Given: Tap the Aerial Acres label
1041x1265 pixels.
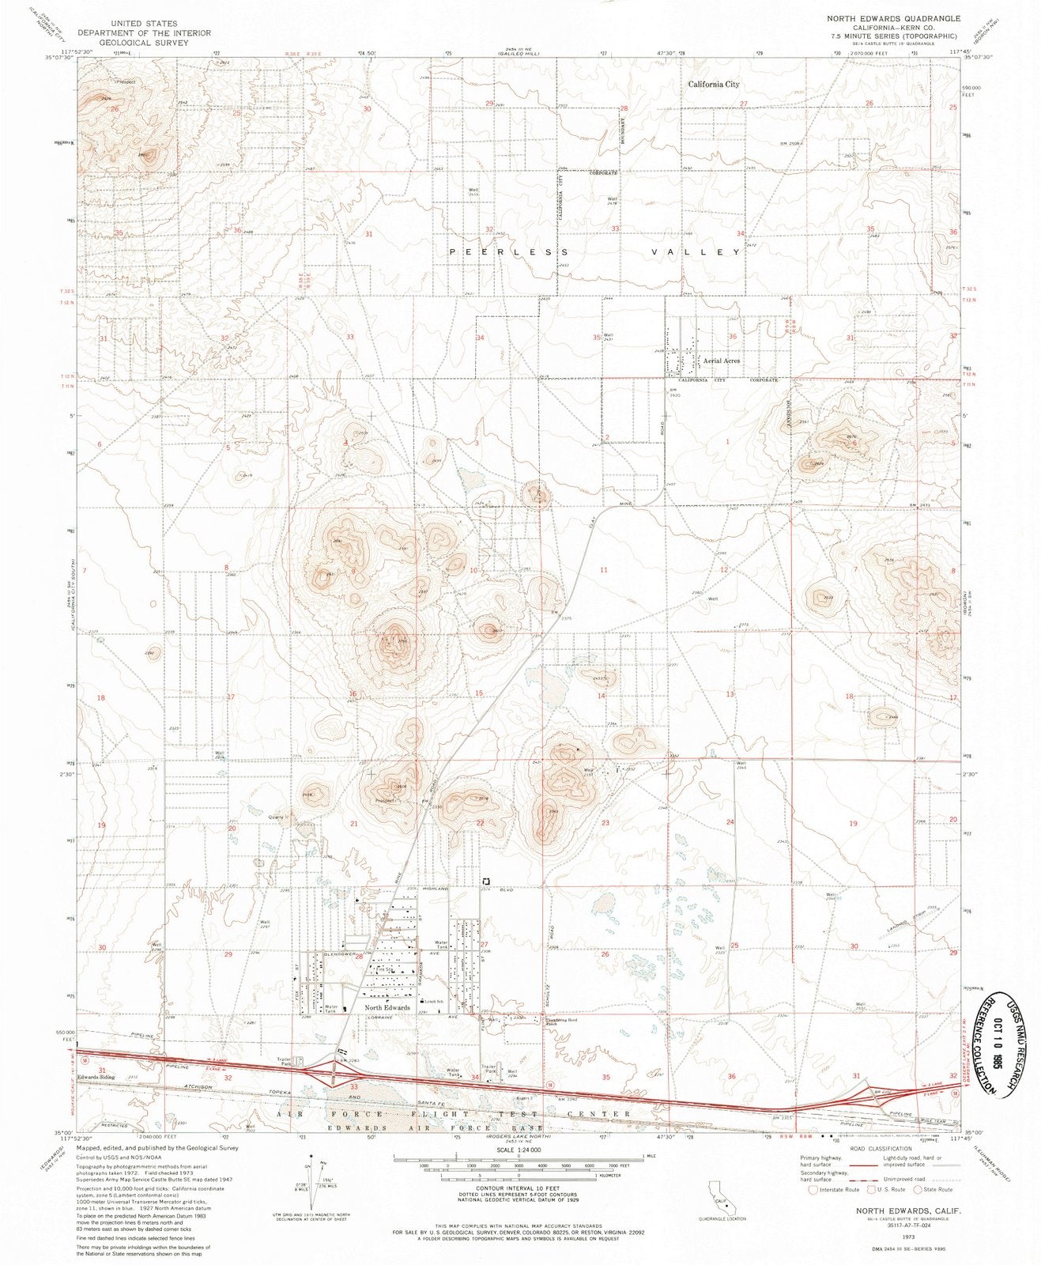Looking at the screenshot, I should click(722, 361).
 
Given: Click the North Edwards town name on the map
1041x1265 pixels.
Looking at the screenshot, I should click(387, 1008).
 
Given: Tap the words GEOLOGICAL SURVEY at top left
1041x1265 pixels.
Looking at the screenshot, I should click(155, 43).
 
